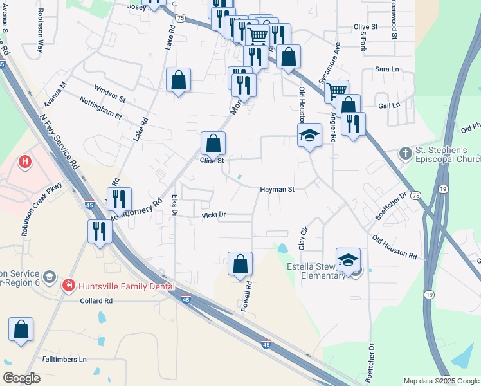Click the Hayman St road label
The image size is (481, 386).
[x=277, y=190]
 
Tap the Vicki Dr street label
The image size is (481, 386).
[x=213, y=215]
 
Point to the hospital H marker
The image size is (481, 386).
[x=25, y=161]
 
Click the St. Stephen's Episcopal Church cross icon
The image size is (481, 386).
[x=405, y=153]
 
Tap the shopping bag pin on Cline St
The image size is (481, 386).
[x=213, y=143]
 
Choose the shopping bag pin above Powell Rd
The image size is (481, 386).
[x=240, y=264]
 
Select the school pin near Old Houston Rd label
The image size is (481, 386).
[x=309, y=136]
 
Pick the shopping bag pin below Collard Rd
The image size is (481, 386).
[x=21, y=329]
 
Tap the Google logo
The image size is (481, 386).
[x=21, y=378]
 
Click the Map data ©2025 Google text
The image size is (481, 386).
[x=440, y=381]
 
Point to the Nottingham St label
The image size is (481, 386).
[x=100, y=108]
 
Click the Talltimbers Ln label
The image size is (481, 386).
[x=64, y=359]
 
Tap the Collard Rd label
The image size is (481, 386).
[x=96, y=300]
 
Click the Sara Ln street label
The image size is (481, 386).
[x=388, y=69]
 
